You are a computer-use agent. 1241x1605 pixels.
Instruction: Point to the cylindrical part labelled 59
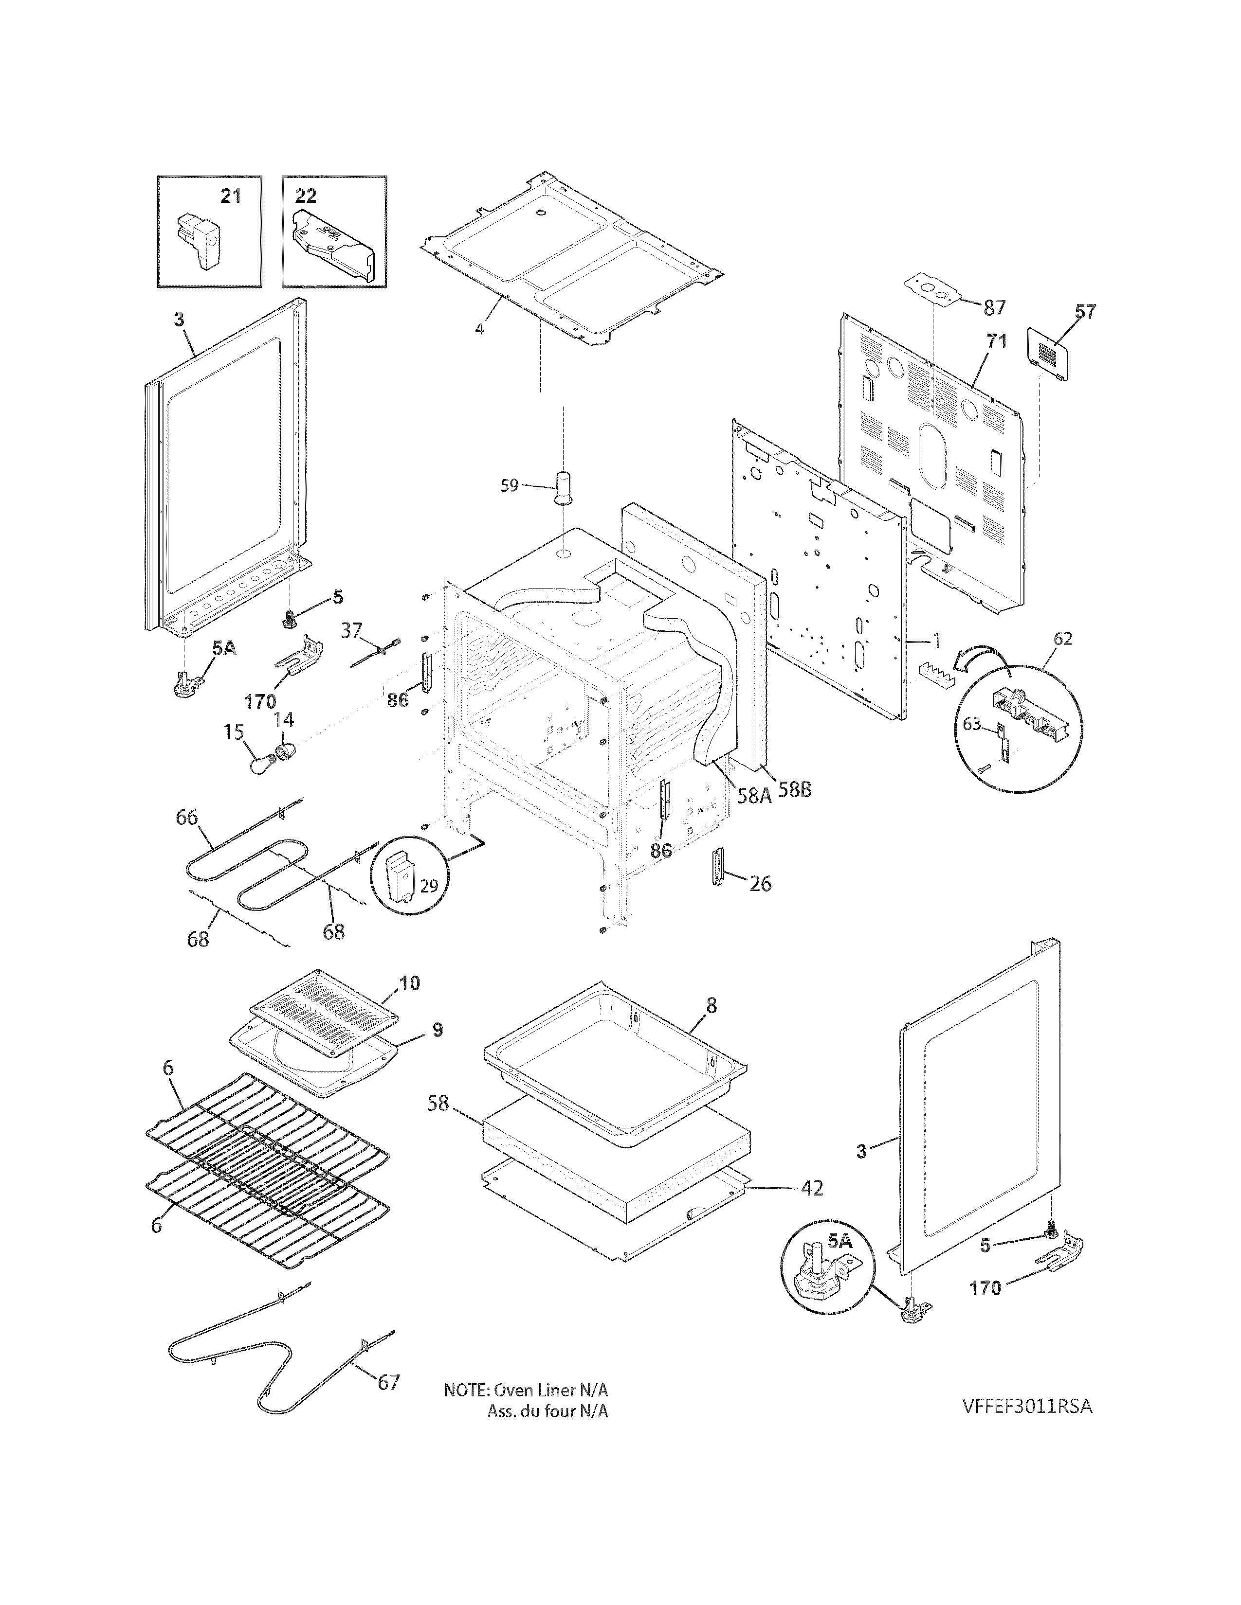(x=564, y=487)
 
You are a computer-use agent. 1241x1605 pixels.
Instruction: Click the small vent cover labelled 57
(x=1048, y=354)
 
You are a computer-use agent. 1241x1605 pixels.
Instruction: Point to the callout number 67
(x=388, y=1382)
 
